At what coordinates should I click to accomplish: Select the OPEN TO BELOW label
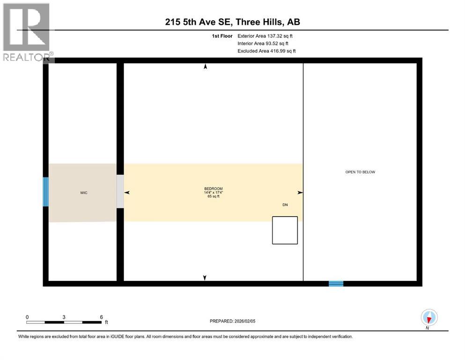coord(360,172)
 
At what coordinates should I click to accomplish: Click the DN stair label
coord(285,205)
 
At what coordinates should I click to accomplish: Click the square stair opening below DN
coord(285,230)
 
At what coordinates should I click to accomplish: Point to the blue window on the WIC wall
coord(45,192)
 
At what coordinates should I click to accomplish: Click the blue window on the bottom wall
coord(336,284)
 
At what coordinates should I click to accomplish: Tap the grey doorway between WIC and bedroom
coord(120,192)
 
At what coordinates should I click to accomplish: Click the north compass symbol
coord(429,318)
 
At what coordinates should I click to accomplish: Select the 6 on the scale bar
coord(101,317)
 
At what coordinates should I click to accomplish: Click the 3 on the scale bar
coord(64,317)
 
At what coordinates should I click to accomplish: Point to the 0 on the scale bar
coord(27,317)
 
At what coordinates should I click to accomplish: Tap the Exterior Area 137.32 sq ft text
coord(266,36)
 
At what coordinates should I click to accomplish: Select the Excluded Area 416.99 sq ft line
coord(266,51)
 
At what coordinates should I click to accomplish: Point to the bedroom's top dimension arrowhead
coord(205,67)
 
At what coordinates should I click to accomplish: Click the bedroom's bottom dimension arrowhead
coord(205,278)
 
